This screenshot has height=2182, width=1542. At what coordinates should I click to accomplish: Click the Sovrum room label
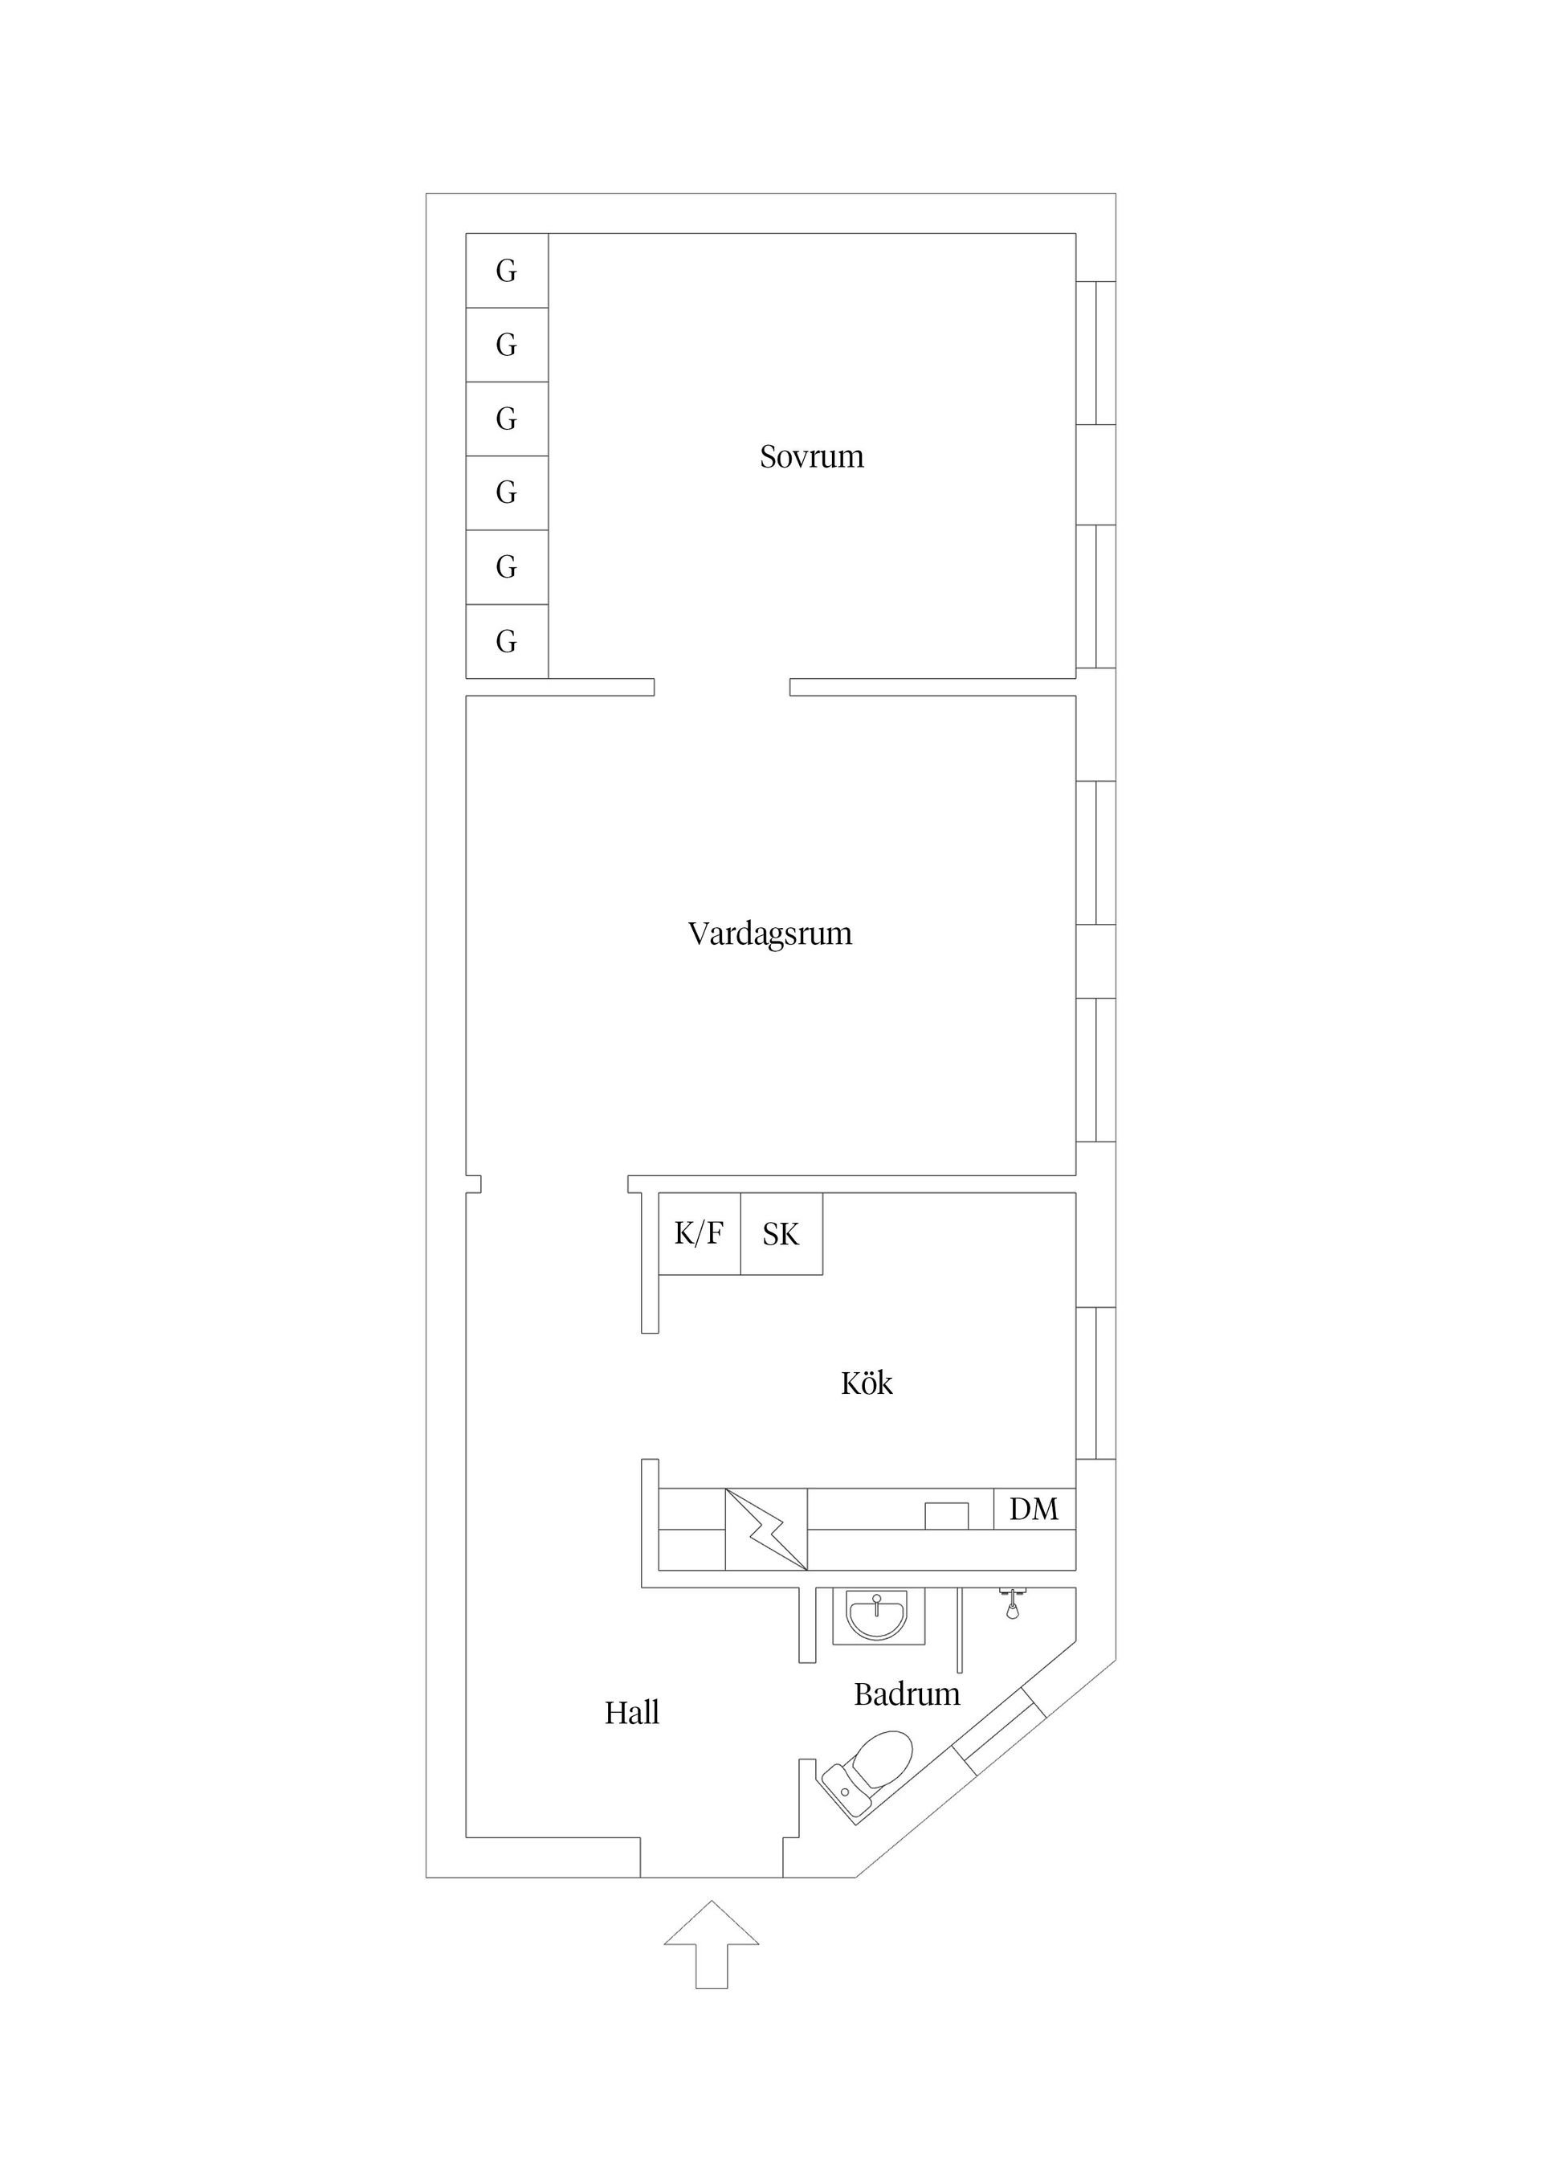(x=811, y=457)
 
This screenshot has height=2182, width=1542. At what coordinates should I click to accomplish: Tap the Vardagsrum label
(x=769, y=934)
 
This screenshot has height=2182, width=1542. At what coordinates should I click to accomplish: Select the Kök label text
(x=867, y=1383)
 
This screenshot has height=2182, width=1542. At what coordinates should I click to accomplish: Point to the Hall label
(x=632, y=1714)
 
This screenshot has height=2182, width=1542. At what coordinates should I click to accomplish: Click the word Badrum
(x=907, y=1694)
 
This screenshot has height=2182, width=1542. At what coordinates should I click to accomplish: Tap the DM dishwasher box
(x=1034, y=1509)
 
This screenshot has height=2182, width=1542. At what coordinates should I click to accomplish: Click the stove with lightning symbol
(x=765, y=1529)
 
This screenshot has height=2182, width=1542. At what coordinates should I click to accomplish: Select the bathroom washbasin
(x=877, y=1615)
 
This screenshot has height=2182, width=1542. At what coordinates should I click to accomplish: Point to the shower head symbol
(x=1013, y=1604)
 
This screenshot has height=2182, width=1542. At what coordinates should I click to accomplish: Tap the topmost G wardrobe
(x=507, y=271)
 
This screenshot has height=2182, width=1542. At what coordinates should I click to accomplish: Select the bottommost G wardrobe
(x=507, y=641)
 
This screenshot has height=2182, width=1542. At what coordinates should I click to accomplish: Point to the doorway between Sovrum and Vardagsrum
(x=721, y=687)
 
